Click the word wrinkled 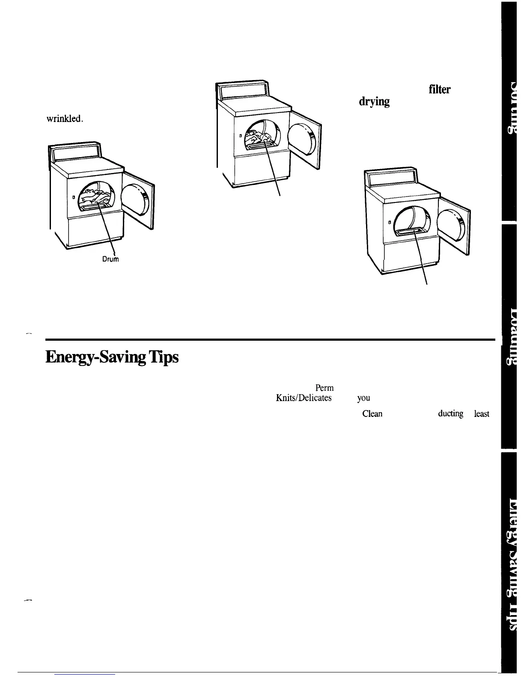[64, 119]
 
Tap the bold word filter [439, 89]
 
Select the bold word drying [374, 101]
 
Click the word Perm [324, 388]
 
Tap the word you [363, 398]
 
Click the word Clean [372, 414]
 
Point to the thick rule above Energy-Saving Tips [270, 340]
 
